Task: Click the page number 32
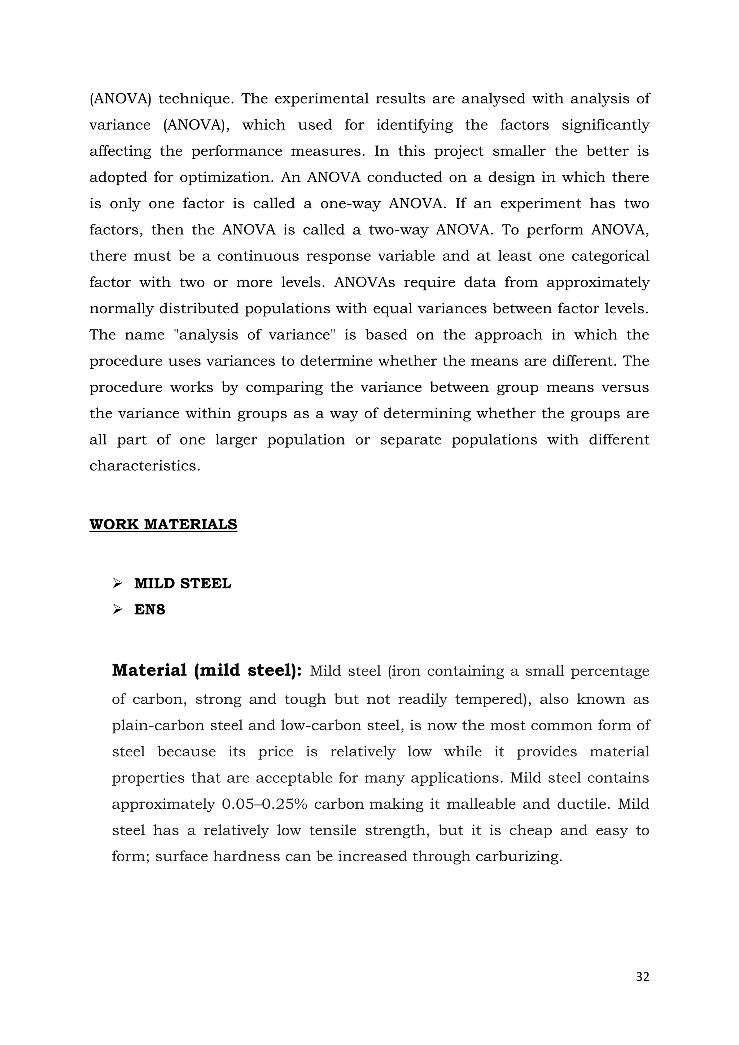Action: [642, 977]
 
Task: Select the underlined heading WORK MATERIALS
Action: [163, 524]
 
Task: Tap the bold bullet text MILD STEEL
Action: [183, 583]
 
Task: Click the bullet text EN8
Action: [149, 609]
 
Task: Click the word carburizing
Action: [518, 857]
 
